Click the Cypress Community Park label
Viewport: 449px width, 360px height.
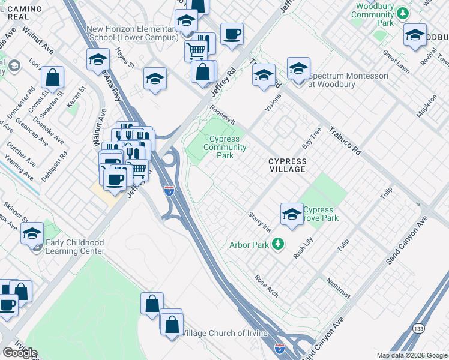coord(224,147)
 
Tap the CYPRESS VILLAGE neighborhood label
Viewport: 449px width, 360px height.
coord(287,166)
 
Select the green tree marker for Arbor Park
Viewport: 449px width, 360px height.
coord(277,244)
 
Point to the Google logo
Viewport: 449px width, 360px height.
coord(20,352)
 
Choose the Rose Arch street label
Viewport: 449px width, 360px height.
coord(267,285)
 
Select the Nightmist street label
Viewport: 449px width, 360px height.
coord(337,288)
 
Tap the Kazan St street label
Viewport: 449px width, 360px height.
coord(73,99)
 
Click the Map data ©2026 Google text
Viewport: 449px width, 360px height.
coord(411,355)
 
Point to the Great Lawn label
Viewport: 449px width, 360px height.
coord(396,62)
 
